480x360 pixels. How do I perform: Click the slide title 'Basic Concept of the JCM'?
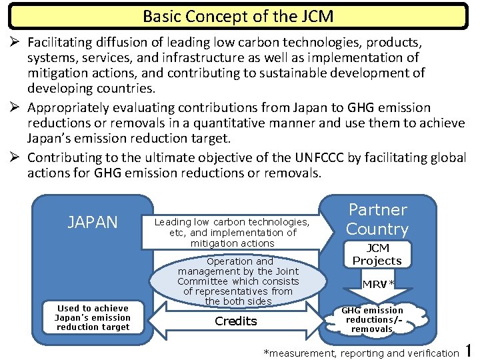coord(238,16)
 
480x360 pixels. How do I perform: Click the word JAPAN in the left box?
coord(93,222)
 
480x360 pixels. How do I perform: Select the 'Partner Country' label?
coord(377,219)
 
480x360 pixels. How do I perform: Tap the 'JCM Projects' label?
coord(377,255)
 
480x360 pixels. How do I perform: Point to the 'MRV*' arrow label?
coord(378,285)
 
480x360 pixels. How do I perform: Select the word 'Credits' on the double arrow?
coord(236,321)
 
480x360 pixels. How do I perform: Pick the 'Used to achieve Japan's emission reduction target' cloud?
coord(93,317)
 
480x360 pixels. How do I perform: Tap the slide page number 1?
coord(469,349)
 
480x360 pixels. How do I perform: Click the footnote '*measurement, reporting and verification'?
coord(361,352)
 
